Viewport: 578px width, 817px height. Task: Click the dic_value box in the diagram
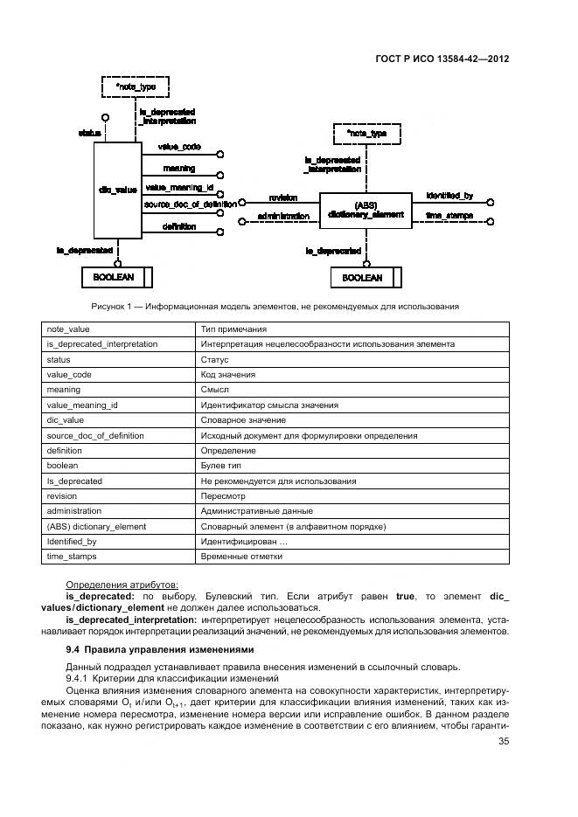(x=116, y=189)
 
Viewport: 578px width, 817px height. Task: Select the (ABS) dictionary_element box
(x=365, y=209)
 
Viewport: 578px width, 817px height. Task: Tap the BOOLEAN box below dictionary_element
(x=363, y=278)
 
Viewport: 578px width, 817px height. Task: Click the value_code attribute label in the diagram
(x=179, y=147)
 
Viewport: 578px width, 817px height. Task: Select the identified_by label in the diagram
(x=449, y=196)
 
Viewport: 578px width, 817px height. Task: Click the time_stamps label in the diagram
(x=449, y=215)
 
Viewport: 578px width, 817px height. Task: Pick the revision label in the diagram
(x=283, y=197)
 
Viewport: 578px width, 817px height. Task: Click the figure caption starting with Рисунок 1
(x=275, y=306)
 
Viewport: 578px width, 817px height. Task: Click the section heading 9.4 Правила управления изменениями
(x=160, y=649)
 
